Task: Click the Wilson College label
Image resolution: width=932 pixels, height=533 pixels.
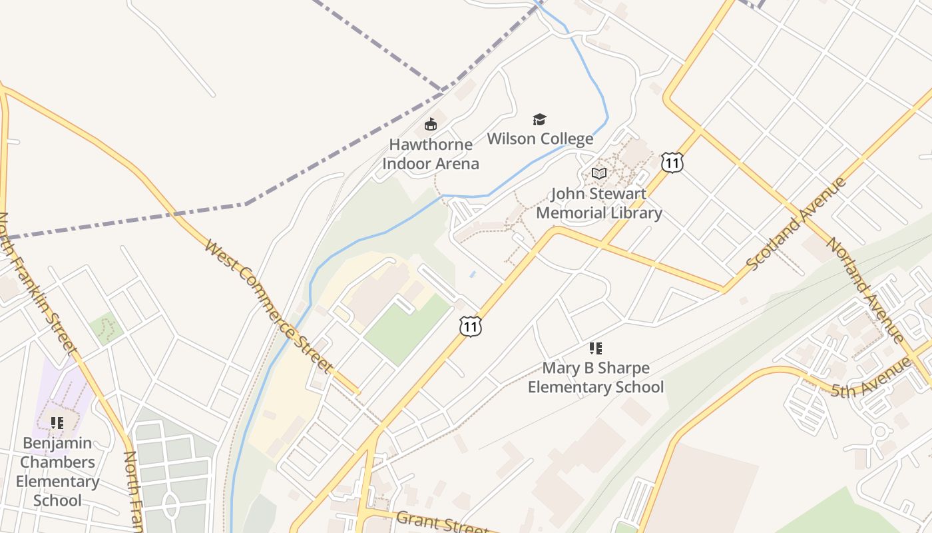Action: pyautogui.click(x=540, y=139)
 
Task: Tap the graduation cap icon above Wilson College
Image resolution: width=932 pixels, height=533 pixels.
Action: pyautogui.click(x=539, y=120)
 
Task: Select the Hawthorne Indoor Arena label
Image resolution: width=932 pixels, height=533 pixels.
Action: pyautogui.click(x=431, y=154)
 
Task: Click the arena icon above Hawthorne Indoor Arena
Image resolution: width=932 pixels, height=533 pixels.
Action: pyautogui.click(x=431, y=125)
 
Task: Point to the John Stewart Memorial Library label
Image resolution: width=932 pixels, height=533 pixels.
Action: pyautogui.click(x=598, y=203)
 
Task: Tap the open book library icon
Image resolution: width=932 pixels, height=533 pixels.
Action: pyautogui.click(x=599, y=173)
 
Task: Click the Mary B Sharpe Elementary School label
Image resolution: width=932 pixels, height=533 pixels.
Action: pyautogui.click(x=596, y=377)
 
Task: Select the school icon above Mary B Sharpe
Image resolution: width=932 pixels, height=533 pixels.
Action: pyautogui.click(x=596, y=348)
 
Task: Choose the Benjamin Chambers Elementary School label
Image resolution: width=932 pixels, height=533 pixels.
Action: pyautogui.click(x=57, y=471)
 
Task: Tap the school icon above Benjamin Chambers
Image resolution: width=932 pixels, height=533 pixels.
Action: pyautogui.click(x=57, y=422)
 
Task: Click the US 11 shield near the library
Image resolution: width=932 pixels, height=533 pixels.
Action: pyautogui.click(x=672, y=162)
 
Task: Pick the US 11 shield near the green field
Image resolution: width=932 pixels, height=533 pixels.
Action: pyautogui.click(x=470, y=326)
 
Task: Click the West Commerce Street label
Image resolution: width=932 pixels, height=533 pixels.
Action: pyautogui.click(x=269, y=306)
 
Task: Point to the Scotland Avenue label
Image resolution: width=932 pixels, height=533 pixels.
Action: pyautogui.click(x=796, y=224)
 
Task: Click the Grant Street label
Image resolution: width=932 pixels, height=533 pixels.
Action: pyautogui.click(x=442, y=522)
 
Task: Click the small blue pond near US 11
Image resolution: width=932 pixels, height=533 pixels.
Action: pyautogui.click(x=473, y=274)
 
